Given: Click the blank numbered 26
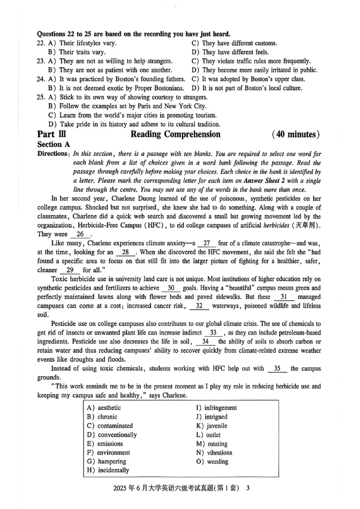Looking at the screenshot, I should (x=81, y=234).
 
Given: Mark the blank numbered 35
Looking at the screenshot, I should (x=278, y=369).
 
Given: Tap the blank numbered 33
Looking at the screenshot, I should (x=213, y=333).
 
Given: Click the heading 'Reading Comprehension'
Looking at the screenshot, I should (x=175, y=134).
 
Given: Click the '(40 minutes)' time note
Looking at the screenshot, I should (x=296, y=134).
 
